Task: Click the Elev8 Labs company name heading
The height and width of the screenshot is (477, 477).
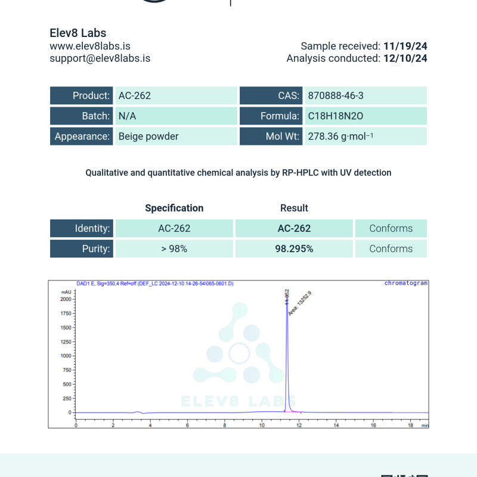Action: click(78, 33)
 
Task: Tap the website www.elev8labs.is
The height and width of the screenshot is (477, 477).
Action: click(90, 46)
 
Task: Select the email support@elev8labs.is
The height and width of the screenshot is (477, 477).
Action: click(100, 58)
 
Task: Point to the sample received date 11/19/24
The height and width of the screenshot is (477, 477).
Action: click(405, 46)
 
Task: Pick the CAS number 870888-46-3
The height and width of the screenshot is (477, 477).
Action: click(336, 95)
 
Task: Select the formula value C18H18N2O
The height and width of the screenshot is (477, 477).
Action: click(335, 116)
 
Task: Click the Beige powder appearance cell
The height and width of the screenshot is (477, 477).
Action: click(148, 136)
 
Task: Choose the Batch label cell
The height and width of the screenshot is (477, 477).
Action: click(82, 116)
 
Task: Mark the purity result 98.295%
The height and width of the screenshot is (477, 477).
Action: click(294, 249)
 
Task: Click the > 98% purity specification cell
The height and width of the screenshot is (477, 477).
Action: click(174, 249)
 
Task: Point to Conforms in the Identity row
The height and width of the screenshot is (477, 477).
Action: click(391, 228)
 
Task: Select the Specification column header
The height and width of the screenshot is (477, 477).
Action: click(174, 208)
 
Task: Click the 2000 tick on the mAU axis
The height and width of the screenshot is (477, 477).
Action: click(66, 299)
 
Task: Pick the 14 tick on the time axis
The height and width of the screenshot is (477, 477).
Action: click(336, 425)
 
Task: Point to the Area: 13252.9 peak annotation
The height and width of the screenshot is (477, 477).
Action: click(300, 303)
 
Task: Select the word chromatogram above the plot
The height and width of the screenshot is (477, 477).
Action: click(406, 283)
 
